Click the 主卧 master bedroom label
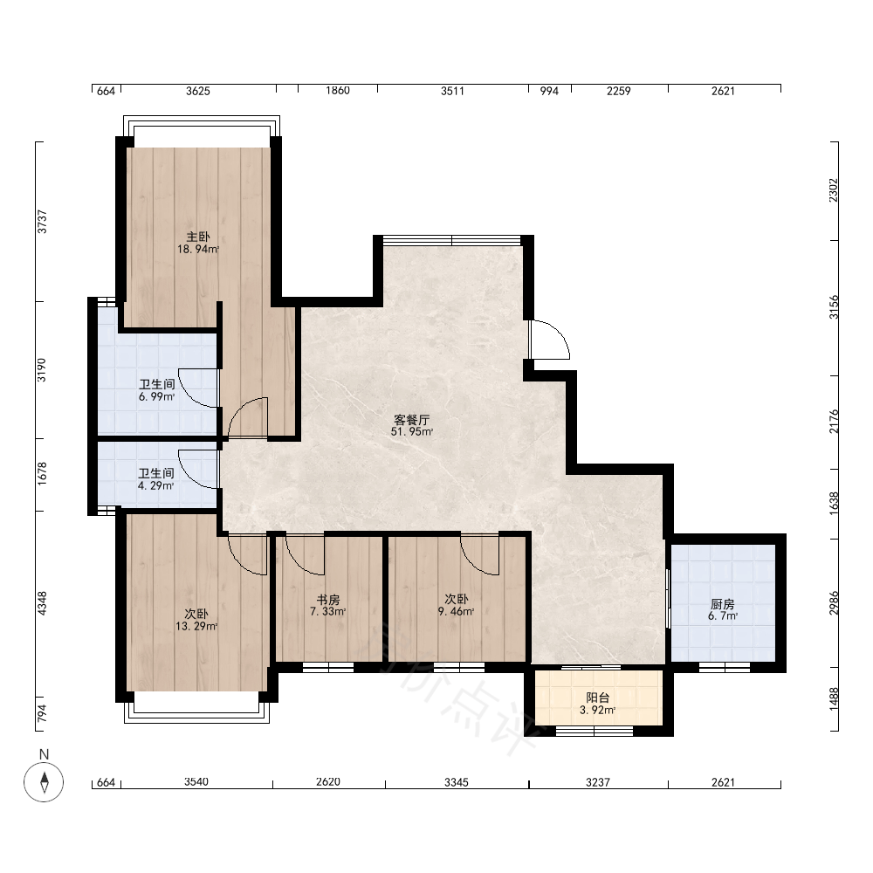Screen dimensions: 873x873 tap(197, 237)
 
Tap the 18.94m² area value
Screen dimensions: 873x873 tap(198, 250)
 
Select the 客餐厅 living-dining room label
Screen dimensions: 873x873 tap(411, 420)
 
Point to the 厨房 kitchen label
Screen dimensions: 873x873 tap(723, 604)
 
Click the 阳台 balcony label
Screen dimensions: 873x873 tap(597, 698)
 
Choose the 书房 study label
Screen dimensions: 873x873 tap(328, 600)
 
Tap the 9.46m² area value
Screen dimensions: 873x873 tap(456, 611)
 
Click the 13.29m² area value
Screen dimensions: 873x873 tap(196, 626)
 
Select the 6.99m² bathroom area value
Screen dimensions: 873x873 tap(157, 397)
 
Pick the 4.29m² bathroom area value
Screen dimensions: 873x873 tap(156, 485)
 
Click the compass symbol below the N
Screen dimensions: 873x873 tap(44, 782)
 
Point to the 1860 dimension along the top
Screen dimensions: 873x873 tap(337, 91)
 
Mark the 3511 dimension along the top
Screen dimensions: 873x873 tap(452, 91)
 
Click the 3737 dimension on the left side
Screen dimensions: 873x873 tap(42, 221)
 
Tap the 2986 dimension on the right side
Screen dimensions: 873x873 tap(833, 602)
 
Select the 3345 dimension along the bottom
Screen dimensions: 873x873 tap(456, 782)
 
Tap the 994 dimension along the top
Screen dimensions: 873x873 tap(549, 91)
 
